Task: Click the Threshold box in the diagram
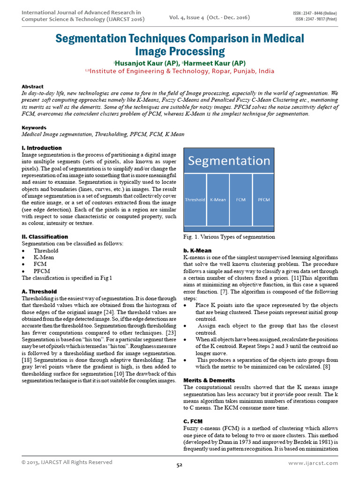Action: [195, 199]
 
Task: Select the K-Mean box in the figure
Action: [217, 199]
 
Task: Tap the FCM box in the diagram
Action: [240, 199]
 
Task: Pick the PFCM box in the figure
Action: [264, 199]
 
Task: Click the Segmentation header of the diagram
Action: [229, 161]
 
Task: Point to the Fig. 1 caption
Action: [229, 237]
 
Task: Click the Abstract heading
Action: [33, 87]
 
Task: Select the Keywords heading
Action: [34, 127]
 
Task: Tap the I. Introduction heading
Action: [42, 148]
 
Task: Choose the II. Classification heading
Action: [45, 237]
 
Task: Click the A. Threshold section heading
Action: [39, 292]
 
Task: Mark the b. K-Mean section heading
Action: [197, 251]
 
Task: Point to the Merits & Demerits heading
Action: [209, 380]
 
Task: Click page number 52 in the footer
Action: [179, 465]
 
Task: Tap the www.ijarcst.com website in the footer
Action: [313, 463]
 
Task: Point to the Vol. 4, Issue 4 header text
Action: [210, 17]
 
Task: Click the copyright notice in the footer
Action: [67, 462]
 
